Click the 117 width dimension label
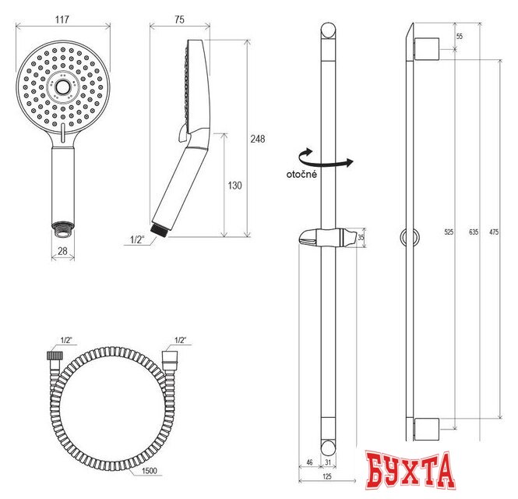(x=62, y=19)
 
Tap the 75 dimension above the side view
(x=179, y=19)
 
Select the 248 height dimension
(x=257, y=139)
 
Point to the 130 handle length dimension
(x=234, y=186)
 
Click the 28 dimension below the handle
(x=62, y=251)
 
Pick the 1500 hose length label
(x=150, y=471)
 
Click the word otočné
(x=301, y=175)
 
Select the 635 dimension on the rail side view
(x=474, y=232)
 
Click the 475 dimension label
(x=494, y=232)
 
